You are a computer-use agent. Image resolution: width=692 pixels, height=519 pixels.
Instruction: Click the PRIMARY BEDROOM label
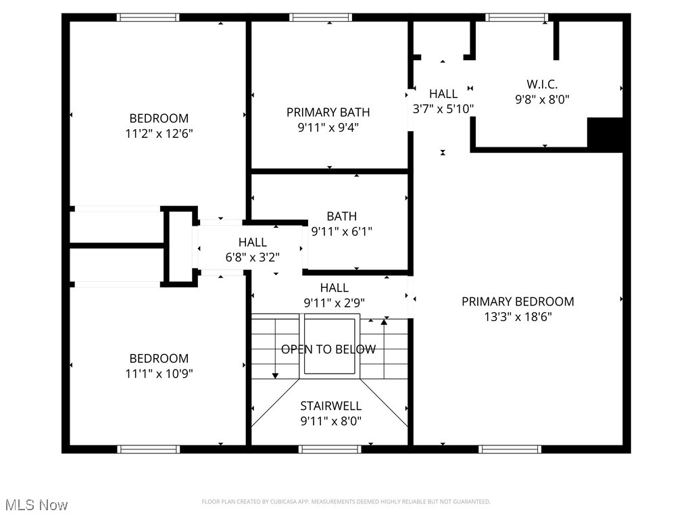(518, 301)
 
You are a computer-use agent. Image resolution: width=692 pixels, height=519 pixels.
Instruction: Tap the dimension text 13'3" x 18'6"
(518, 317)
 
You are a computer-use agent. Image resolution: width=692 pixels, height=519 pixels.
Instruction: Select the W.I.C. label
(542, 84)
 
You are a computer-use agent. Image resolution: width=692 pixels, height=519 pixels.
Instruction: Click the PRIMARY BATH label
(328, 112)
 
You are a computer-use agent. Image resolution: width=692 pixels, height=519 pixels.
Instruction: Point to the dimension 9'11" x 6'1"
(341, 231)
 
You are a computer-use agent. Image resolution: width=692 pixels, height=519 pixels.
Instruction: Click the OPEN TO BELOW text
(328, 349)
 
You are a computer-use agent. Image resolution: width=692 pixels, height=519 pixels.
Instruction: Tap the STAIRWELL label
(330, 406)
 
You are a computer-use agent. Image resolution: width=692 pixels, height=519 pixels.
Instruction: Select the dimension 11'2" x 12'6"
(159, 134)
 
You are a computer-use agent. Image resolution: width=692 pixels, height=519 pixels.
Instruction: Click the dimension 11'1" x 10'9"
(159, 373)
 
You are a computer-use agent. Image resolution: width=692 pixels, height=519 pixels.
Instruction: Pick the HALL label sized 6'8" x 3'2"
(252, 242)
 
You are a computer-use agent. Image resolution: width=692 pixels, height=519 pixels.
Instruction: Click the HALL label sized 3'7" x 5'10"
(443, 94)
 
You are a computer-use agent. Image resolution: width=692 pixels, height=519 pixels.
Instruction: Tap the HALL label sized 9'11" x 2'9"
(335, 288)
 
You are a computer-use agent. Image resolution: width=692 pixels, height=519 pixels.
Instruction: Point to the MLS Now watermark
(36, 505)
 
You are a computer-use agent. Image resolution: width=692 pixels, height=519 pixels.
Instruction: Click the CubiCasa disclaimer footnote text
(346, 501)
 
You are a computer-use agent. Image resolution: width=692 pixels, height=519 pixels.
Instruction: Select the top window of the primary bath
(320, 18)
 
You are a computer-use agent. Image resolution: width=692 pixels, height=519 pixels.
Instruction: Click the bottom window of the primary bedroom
(510, 449)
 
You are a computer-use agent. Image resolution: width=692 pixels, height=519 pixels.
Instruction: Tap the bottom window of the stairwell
(330, 449)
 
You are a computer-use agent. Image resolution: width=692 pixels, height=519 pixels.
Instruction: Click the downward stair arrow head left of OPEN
(276, 375)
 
